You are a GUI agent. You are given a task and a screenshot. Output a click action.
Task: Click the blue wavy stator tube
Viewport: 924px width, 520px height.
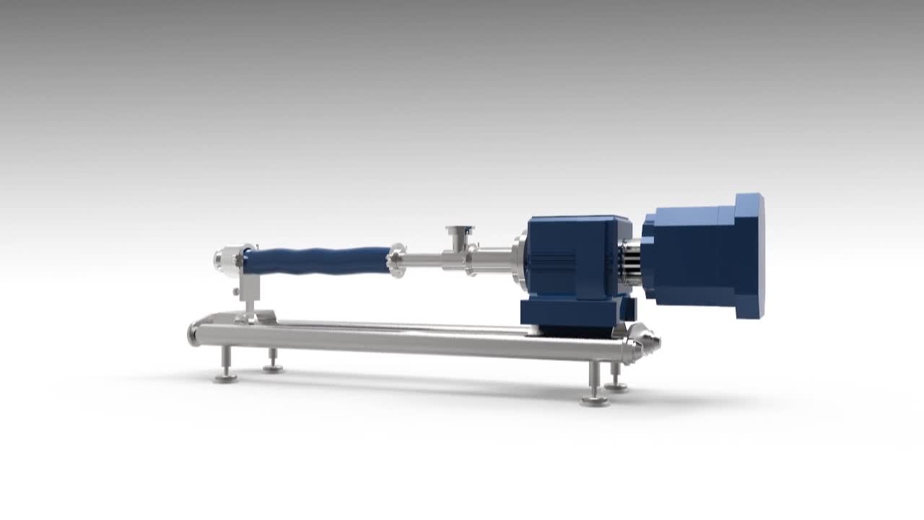click(318, 260)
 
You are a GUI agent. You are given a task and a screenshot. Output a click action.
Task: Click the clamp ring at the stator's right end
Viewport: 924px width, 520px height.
click(396, 258)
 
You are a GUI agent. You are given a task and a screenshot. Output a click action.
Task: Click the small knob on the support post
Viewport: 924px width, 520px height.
click(236, 291)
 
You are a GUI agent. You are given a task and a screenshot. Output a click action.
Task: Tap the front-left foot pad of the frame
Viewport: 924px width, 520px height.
click(226, 378)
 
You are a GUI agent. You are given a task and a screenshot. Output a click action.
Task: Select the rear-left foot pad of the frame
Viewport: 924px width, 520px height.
click(273, 369)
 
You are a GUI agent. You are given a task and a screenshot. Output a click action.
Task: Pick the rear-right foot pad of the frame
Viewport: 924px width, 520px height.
click(616, 388)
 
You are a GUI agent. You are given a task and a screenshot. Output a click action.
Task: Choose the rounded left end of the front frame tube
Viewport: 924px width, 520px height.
click(194, 334)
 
